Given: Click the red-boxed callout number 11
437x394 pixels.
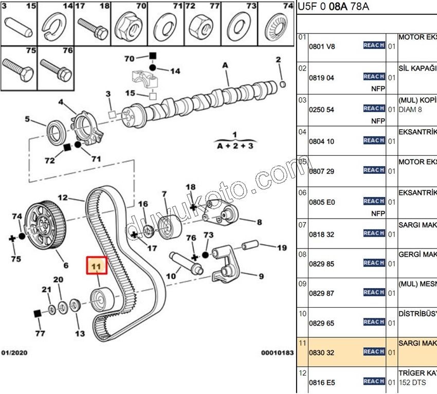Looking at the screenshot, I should (96, 266).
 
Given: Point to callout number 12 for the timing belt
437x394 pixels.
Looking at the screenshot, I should (63, 197).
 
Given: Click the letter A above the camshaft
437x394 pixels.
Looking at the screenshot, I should (225, 65).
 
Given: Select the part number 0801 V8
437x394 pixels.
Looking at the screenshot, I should (321, 46).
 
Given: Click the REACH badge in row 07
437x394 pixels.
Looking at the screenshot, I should (374, 233).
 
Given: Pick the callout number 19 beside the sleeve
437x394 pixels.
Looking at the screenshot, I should (282, 248).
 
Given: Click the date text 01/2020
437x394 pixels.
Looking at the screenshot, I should (14, 353).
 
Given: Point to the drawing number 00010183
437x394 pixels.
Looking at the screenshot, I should (277, 353).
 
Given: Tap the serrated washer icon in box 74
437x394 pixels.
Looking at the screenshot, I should (279, 26).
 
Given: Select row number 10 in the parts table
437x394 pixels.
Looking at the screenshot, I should (302, 313).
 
